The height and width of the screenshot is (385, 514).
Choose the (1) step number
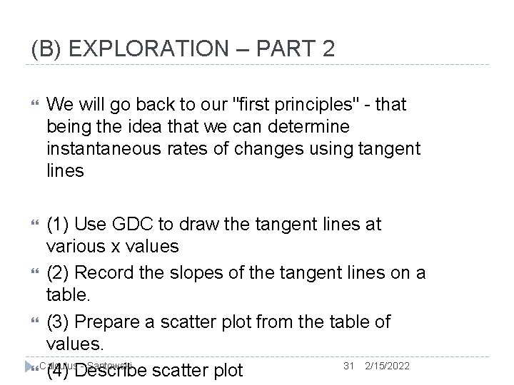59,225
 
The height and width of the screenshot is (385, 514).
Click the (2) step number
59,273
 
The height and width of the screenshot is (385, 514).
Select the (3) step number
59,322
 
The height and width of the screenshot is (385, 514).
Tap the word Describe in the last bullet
113,371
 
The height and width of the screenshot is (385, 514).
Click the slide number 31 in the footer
349,366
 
